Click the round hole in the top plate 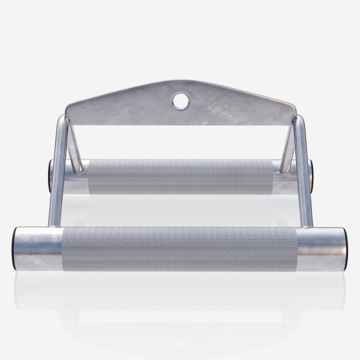pyautogui.click(x=180, y=101)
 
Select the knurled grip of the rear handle pyautogui.click(x=181, y=176)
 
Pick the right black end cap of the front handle pyautogui.click(x=346, y=248)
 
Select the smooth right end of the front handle pyautogui.click(x=322, y=248)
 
